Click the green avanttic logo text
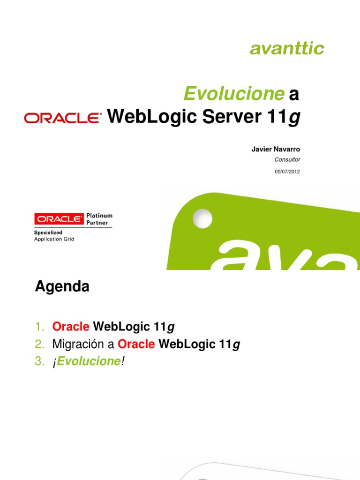point(287,48)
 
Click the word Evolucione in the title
point(234,94)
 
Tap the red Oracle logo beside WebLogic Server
point(63,118)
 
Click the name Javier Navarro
point(276,149)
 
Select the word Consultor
point(287,160)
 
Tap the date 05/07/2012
point(287,172)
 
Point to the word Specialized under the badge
point(48,232)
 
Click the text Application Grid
point(54,239)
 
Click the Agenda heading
point(62,286)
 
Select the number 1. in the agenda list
point(39,327)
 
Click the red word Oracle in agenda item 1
point(71,327)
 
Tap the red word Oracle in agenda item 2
point(136,345)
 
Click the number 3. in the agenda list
point(39,362)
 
